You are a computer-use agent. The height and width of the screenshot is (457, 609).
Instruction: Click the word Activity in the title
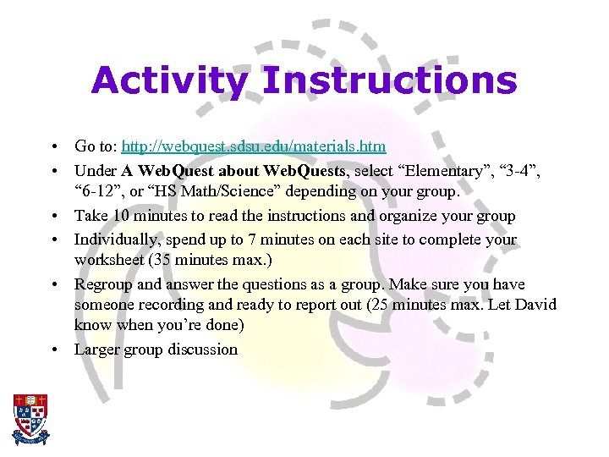(x=169, y=82)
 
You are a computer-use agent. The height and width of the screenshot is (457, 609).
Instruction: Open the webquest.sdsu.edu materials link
(x=254, y=146)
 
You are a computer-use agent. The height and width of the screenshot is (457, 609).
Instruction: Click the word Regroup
(x=103, y=284)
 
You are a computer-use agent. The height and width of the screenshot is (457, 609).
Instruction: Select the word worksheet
(x=108, y=260)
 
